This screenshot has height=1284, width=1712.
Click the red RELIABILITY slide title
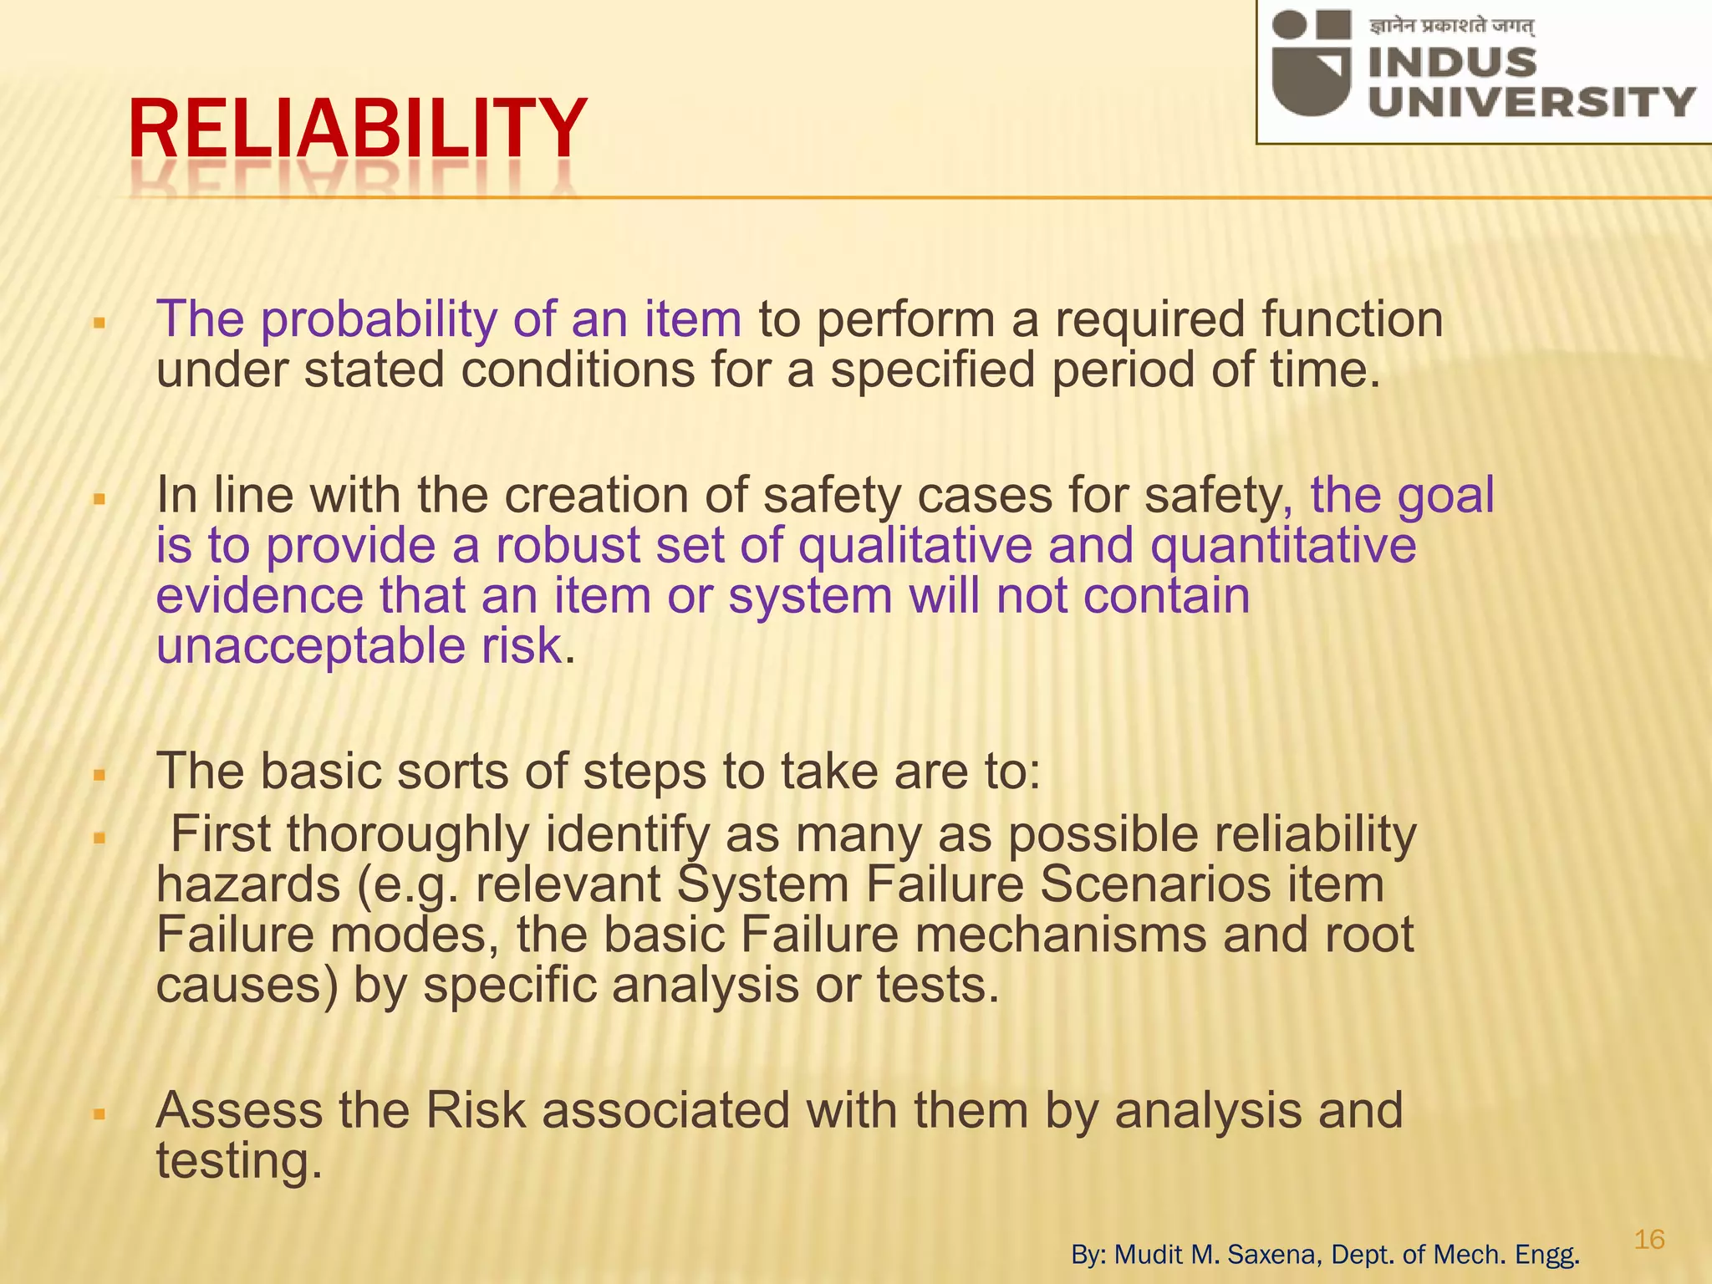point(358,129)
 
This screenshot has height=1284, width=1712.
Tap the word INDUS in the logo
point(1453,63)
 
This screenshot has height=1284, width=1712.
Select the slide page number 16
point(1649,1239)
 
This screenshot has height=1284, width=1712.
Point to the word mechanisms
point(1061,935)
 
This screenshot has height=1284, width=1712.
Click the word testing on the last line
point(238,1161)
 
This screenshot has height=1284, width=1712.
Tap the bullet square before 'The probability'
point(99,323)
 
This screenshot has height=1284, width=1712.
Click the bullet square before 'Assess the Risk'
point(99,1114)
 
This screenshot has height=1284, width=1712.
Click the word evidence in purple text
point(260,597)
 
